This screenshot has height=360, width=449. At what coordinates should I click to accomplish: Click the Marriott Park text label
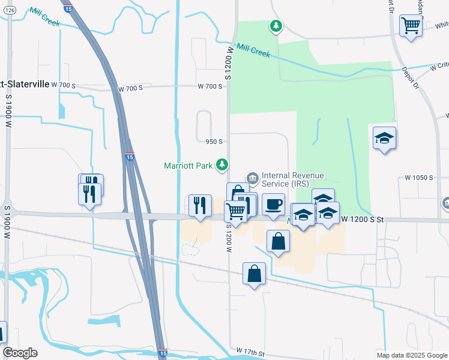tap(188, 166)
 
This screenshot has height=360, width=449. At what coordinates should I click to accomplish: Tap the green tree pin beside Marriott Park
tap(222, 164)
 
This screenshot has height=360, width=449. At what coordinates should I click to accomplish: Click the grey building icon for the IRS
tap(252, 178)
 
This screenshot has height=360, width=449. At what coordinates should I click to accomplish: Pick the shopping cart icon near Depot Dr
tap(411, 26)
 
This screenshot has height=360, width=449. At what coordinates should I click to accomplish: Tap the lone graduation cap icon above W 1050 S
tap(384, 139)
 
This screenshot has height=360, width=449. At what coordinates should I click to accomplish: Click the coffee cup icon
tap(273, 204)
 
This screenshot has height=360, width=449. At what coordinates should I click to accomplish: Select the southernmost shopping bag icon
tap(255, 274)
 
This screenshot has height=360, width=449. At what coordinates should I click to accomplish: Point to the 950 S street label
tap(214, 142)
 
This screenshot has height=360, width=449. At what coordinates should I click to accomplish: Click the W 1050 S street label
tap(418, 178)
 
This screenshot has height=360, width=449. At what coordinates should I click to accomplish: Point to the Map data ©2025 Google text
tap(412, 355)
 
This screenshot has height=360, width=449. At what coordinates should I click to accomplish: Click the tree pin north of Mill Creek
tap(276, 26)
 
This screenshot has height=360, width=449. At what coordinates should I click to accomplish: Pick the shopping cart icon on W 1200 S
tap(236, 211)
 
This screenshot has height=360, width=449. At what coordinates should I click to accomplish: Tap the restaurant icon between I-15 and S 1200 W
tap(200, 205)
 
